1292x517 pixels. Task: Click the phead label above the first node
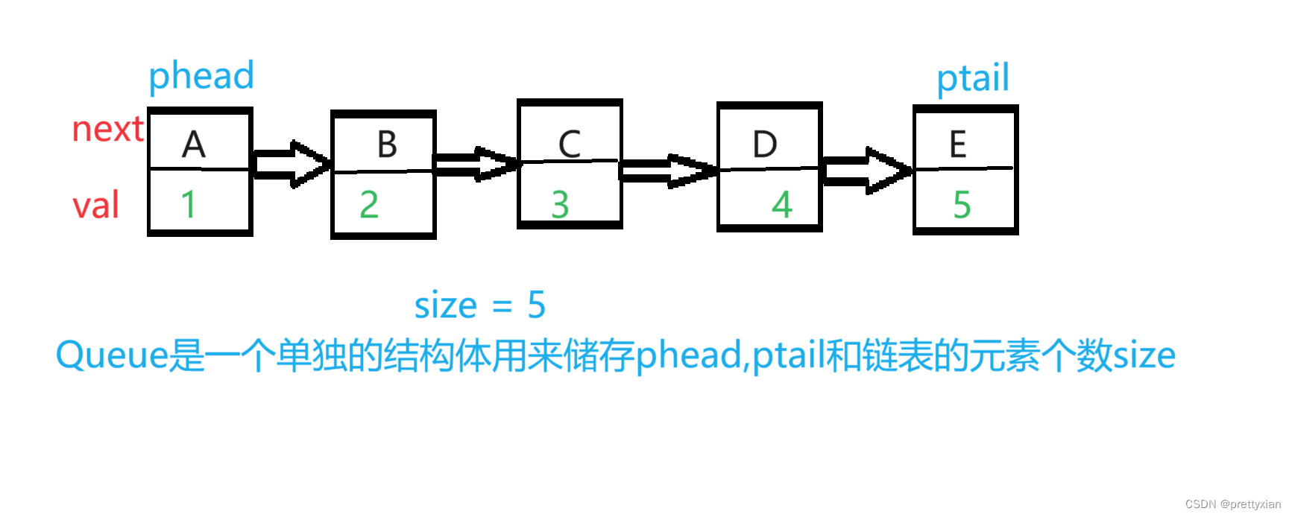(201, 76)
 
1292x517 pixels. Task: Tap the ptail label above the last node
(973, 78)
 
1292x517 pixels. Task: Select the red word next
(107, 130)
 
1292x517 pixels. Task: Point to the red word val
(95, 205)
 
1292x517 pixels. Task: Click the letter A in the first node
(194, 145)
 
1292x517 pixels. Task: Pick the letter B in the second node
(387, 145)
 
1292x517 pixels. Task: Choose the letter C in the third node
(570, 145)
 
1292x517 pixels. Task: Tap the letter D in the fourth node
(765, 145)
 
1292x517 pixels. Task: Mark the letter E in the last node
(958, 145)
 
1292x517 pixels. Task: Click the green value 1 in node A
(188, 204)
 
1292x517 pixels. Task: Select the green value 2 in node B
(369, 204)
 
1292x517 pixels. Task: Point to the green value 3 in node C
(560, 205)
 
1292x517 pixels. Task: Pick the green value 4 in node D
(781, 204)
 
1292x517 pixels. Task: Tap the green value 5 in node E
(962, 205)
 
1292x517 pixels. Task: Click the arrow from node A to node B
(291, 163)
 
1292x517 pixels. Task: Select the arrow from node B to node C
(476, 164)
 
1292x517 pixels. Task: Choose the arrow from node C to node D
(668, 171)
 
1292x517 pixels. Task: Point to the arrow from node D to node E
(866, 171)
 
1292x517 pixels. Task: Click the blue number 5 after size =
(536, 305)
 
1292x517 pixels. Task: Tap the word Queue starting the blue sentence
(112, 355)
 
